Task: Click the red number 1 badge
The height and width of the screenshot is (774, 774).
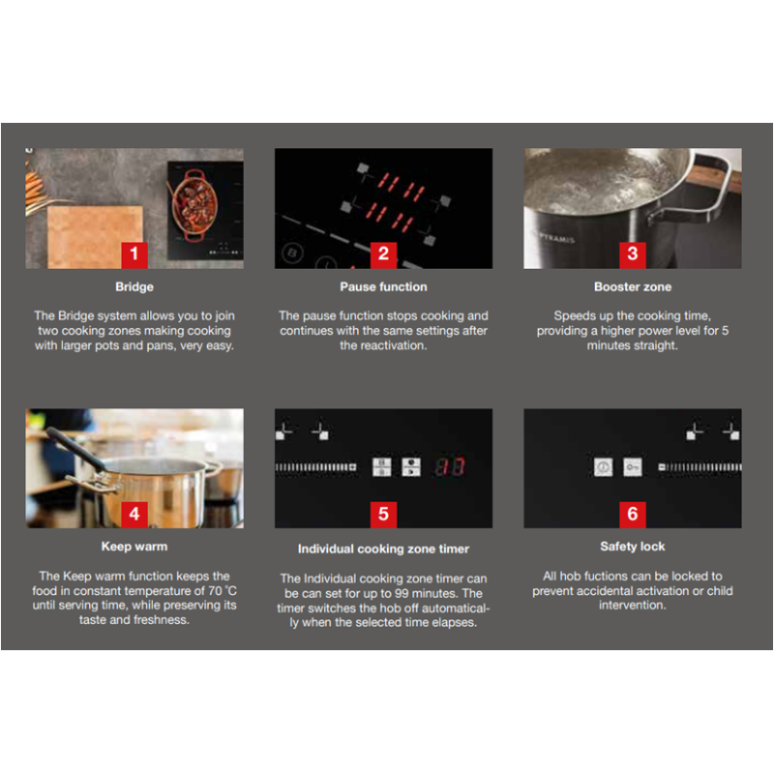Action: [134, 254]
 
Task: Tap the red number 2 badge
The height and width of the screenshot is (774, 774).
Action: [383, 254]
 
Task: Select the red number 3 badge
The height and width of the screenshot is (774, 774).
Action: [633, 254]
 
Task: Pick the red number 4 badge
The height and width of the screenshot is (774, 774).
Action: [134, 515]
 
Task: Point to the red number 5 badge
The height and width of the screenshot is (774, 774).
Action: [383, 515]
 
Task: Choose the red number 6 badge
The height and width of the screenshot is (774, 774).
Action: [633, 515]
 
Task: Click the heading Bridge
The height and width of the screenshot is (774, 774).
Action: [134, 286]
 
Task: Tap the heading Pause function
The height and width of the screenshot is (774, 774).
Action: [383, 286]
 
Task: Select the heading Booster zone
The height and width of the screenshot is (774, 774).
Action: [633, 286]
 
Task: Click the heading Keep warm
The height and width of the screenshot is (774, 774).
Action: [134, 547]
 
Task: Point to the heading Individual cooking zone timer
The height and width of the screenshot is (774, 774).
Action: [383, 549]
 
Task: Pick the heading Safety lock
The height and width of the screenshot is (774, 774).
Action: [633, 547]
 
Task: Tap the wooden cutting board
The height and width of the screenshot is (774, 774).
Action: [94, 237]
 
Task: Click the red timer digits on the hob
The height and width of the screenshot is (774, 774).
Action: [449, 466]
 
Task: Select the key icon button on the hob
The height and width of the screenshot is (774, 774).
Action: [633, 467]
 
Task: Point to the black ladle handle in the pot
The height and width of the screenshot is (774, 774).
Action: [75, 448]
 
